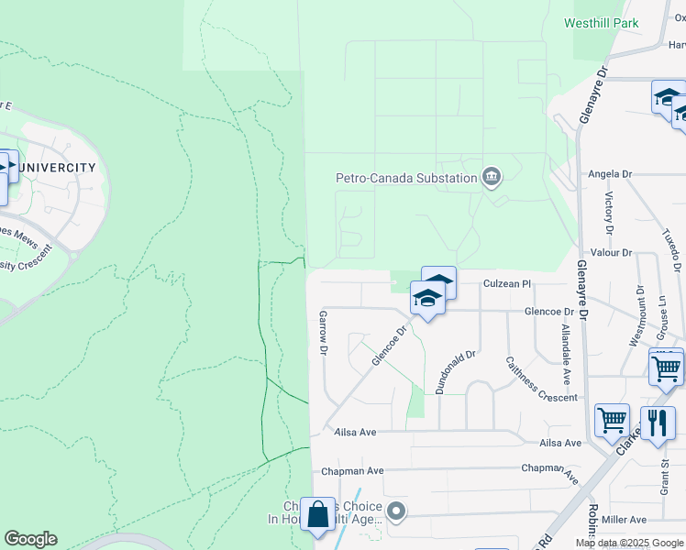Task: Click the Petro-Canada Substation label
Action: pyautogui.click(x=406, y=178)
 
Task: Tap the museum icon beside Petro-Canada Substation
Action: pyautogui.click(x=492, y=177)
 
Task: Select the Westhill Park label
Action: pyautogui.click(x=603, y=22)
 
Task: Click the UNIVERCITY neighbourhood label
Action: pyautogui.click(x=57, y=167)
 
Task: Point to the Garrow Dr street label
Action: pyautogui.click(x=323, y=333)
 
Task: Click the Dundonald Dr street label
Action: pyautogui.click(x=457, y=371)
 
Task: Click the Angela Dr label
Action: pyautogui.click(x=611, y=173)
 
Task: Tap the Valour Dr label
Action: pyautogui.click(x=614, y=252)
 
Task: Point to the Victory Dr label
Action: pyautogui.click(x=608, y=213)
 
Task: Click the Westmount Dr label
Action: pyautogui.click(x=640, y=315)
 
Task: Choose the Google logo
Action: pyautogui.click(x=30, y=539)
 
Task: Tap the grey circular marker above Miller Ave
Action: pyautogui.click(x=396, y=511)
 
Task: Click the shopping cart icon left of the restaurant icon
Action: pyautogui.click(x=612, y=420)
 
